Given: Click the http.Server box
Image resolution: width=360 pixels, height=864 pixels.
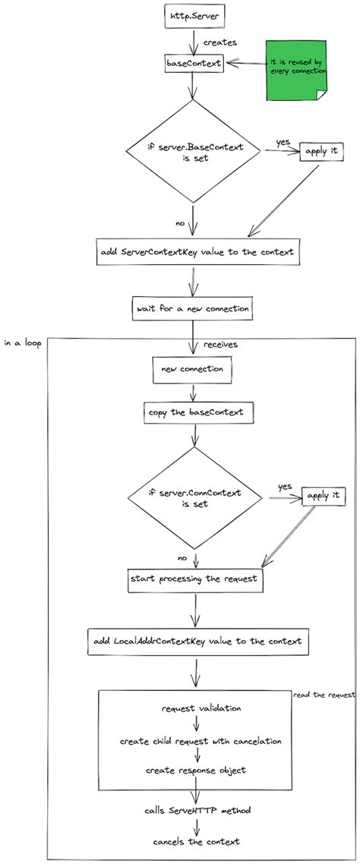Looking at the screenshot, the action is (193, 16).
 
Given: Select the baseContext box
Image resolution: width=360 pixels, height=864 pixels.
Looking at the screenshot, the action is (194, 63).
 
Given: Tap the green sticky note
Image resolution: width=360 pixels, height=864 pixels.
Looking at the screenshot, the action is (296, 71).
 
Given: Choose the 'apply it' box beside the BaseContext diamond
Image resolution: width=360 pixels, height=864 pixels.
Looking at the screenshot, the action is (321, 152).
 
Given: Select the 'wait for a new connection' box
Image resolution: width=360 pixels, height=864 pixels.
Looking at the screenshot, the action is (192, 308).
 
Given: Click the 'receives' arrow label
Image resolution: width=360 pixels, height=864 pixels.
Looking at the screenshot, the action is (220, 345).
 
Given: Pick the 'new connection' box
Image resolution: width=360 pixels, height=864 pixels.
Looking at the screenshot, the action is (193, 369).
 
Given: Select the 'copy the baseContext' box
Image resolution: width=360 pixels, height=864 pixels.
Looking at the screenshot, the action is (199, 413).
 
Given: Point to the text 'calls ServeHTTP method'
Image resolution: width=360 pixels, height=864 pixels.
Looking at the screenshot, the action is (196, 811).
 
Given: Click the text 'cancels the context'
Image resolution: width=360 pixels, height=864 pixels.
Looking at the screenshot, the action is (197, 843).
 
